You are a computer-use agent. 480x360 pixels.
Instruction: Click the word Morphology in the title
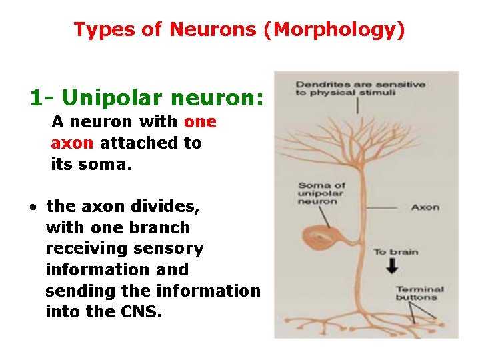tap(333, 30)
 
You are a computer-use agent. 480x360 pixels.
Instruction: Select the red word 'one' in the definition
tap(200, 122)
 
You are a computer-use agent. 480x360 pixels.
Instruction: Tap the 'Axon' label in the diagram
tap(425, 207)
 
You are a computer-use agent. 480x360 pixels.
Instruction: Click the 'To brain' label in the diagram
tap(395, 251)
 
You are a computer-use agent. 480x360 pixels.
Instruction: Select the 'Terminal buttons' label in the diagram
tap(419, 293)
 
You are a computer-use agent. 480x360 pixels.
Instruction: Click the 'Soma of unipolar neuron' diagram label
tap(321, 193)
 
